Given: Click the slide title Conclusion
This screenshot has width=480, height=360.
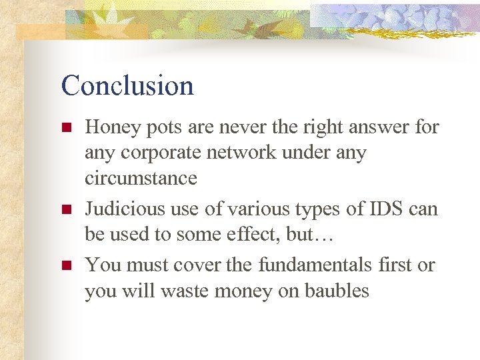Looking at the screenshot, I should point(127,86).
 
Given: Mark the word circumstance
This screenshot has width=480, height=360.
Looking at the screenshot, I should point(141,178).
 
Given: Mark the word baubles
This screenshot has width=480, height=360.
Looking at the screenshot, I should point(337,291).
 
